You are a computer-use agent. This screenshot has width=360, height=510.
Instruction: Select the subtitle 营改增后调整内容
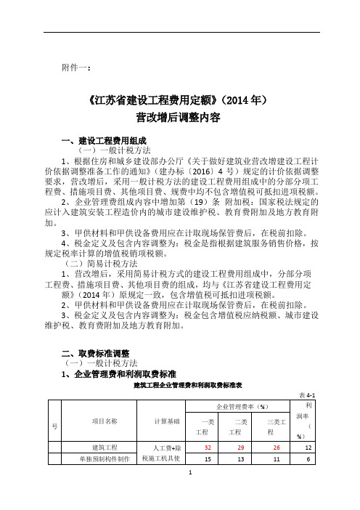click(179, 116)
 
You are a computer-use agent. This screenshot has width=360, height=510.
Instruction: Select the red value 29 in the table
click(237, 448)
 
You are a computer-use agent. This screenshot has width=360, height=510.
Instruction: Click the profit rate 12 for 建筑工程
click(308, 448)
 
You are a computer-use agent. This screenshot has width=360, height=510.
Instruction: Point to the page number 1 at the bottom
click(189, 492)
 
